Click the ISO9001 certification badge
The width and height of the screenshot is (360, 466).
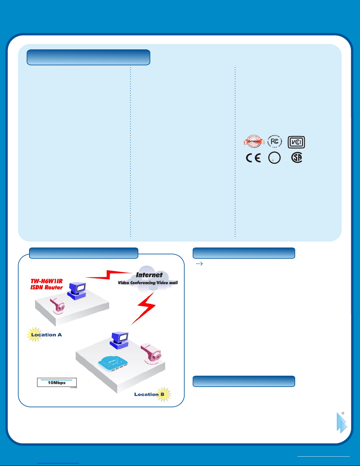(x=254, y=142)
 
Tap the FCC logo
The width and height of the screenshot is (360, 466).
(x=275, y=142)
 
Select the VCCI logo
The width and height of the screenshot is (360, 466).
(x=296, y=142)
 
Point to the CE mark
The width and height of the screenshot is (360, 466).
(x=253, y=158)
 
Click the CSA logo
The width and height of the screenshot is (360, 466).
(x=297, y=158)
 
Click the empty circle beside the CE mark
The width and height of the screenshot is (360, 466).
(x=274, y=158)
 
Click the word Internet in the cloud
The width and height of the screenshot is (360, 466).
(x=149, y=275)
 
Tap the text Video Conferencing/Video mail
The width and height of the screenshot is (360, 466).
(x=148, y=283)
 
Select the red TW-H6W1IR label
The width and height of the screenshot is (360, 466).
(x=47, y=281)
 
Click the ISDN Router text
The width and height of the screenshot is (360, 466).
(x=47, y=288)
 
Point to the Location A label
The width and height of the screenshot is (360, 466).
(x=46, y=335)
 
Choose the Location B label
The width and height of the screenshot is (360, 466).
(x=149, y=394)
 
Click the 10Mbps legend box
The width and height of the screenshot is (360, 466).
(x=57, y=383)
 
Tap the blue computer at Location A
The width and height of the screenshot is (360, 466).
(x=77, y=290)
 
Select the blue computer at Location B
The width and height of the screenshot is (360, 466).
(x=120, y=340)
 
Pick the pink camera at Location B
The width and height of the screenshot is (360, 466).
(x=151, y=354)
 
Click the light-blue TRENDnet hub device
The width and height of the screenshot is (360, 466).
(x=113, y=364)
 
